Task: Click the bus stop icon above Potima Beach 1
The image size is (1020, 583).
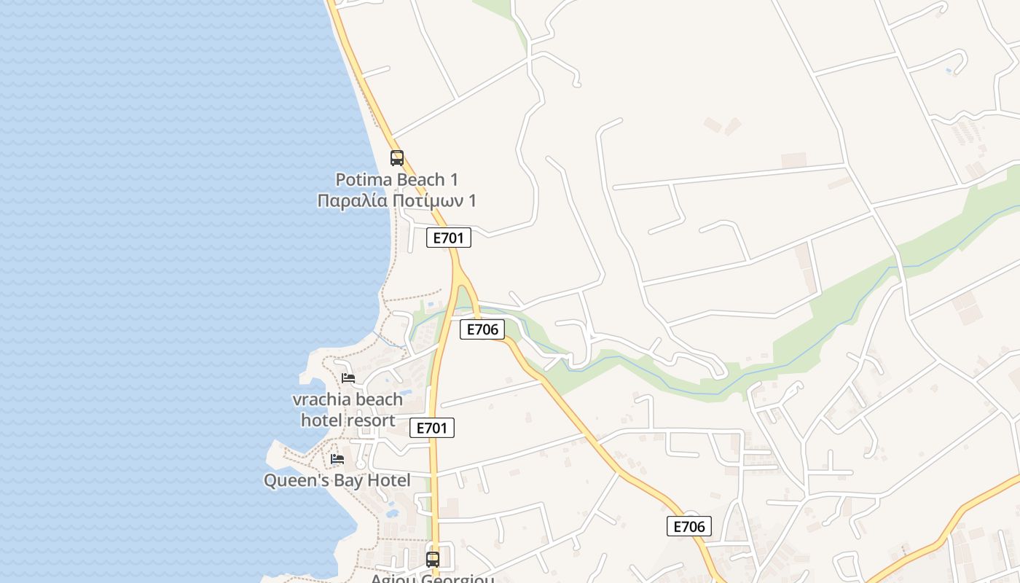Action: [x=397, y=157]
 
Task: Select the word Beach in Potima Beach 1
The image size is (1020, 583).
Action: [x=423, y=179]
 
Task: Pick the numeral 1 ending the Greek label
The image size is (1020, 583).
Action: [x=471, y=200]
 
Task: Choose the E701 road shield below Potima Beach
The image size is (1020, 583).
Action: [x=449, y=238]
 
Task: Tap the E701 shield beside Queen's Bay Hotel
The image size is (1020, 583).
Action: [x=432, y=428]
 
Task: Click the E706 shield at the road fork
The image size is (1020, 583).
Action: [x=482, y=329]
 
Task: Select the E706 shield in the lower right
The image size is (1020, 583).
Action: [x=688, y=526]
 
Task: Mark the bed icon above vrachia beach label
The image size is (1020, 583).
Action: [x=348, y=377]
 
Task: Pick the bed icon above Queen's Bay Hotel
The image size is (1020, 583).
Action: [x=337, y=458]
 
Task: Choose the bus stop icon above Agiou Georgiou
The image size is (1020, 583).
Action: [x=433, y=559]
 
